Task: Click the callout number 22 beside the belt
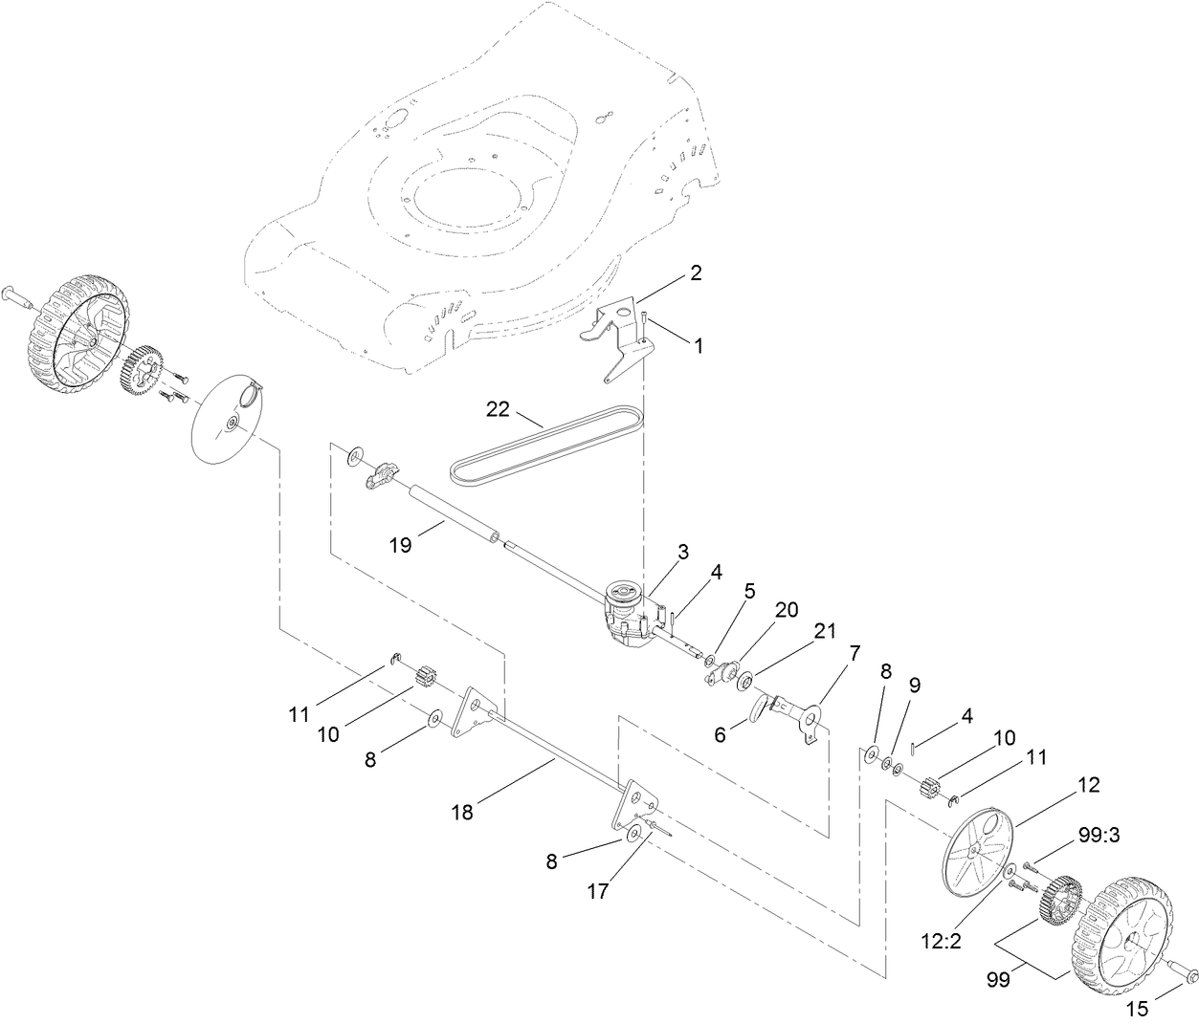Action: pyautogui.click(x=498, y=409)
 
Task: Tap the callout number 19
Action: pyautogui.click(x=400, y=545)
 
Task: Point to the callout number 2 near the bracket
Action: pyautogui.click(x=696, y=272)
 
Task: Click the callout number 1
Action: pyautogui.click(x=698, y=346)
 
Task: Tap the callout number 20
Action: pyautogui.click(x=788, y=610)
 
